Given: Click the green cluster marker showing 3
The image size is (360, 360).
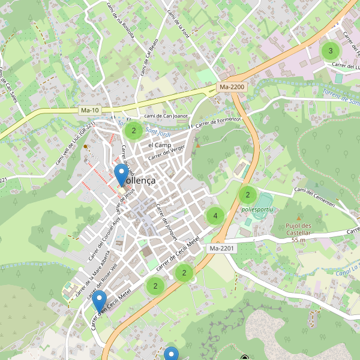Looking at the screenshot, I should pos(330,50).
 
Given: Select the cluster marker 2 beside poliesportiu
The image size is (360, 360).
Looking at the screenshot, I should pos(247,194).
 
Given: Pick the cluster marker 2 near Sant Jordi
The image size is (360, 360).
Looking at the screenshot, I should pos(134,130).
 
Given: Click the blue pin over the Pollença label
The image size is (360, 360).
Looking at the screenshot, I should pos(121,176).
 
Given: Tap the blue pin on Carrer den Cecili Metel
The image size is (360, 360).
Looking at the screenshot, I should pos(100,301).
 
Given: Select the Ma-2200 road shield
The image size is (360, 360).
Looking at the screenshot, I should pos(232,87).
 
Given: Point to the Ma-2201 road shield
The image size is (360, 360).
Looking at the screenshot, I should pos(221,248).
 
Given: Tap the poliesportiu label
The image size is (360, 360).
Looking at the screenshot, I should pos(257,209).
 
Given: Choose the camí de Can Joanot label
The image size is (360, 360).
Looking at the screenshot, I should pos(166,116).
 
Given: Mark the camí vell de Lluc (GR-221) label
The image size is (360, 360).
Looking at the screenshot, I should pos(76,144).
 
